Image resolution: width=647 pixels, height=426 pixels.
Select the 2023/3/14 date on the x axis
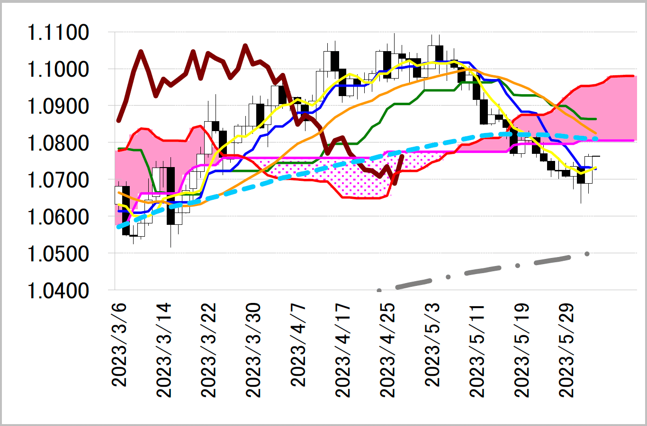(164, 350)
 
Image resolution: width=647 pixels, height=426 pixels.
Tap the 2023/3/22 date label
(209, 350)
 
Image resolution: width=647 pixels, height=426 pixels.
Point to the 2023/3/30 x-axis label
(254, 350)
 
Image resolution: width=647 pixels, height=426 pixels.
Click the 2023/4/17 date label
(343, 350)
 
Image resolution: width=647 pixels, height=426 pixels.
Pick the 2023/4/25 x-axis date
(388, 350)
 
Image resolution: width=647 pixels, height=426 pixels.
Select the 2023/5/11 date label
(477, 350)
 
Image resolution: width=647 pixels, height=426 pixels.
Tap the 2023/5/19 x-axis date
(522, 350)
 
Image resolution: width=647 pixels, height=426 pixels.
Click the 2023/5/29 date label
(566, 350)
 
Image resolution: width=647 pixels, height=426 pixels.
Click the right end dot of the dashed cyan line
(595, 139)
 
